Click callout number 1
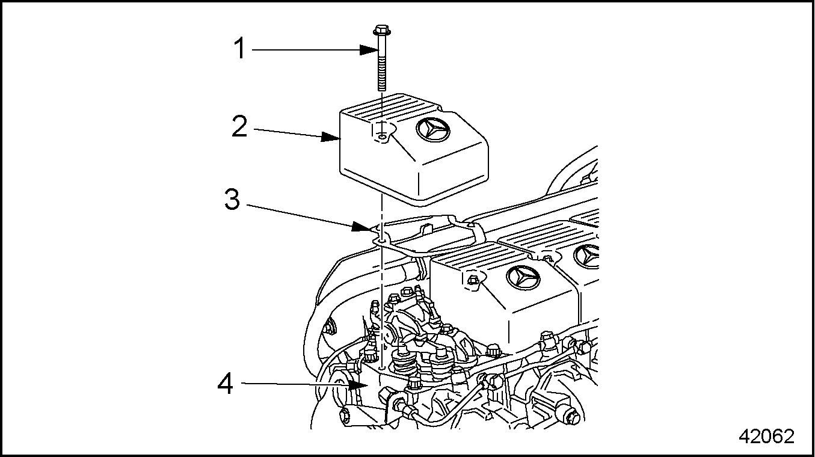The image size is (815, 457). point(240,49)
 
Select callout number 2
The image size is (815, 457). point(239,127)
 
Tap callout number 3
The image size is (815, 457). point(232,200)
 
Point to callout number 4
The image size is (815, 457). point(226,384)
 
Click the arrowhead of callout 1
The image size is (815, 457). point(373,49)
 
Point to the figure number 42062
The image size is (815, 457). point(766,437)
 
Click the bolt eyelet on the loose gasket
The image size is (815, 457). point(381,239)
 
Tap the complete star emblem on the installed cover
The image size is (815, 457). point(523,277)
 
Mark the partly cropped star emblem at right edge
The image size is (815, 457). point(589,256)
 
